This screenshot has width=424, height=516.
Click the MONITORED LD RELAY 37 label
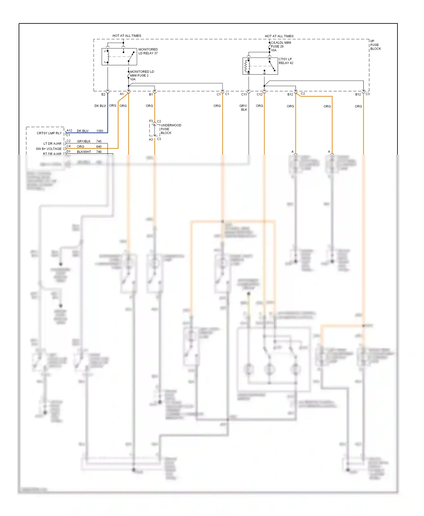point(148,51)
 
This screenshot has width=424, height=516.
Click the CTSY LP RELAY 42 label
point(286,61)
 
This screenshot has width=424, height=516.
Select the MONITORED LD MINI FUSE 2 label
point(142,75)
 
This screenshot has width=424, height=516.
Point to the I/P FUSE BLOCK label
point(375,45)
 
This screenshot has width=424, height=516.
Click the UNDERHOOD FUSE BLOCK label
point(171,129)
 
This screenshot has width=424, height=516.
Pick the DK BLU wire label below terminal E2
point(100,106)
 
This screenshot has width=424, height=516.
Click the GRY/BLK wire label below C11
point(243,108)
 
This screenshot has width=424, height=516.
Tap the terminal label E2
point(103,94)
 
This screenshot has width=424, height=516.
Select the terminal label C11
point(244,94)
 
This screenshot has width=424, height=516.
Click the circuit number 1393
point(100,131)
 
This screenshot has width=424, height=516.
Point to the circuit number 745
point(99,141)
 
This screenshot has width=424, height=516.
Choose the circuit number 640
point(99,147)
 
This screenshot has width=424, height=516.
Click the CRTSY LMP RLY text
point(49,133)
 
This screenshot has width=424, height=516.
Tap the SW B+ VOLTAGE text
point(48,149)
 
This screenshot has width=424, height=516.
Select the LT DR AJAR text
point(52,144)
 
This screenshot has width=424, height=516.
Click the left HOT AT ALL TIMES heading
point(127,36)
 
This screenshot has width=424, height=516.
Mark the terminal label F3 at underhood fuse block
point(151,121)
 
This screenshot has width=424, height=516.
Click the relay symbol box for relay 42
point(260,66)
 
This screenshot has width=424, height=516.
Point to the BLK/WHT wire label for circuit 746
point(84,152)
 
